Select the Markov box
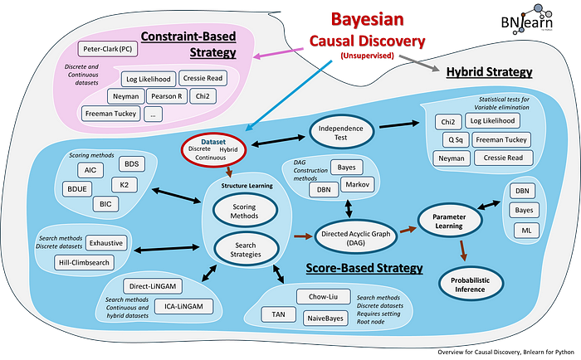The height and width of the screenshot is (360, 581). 357,183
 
